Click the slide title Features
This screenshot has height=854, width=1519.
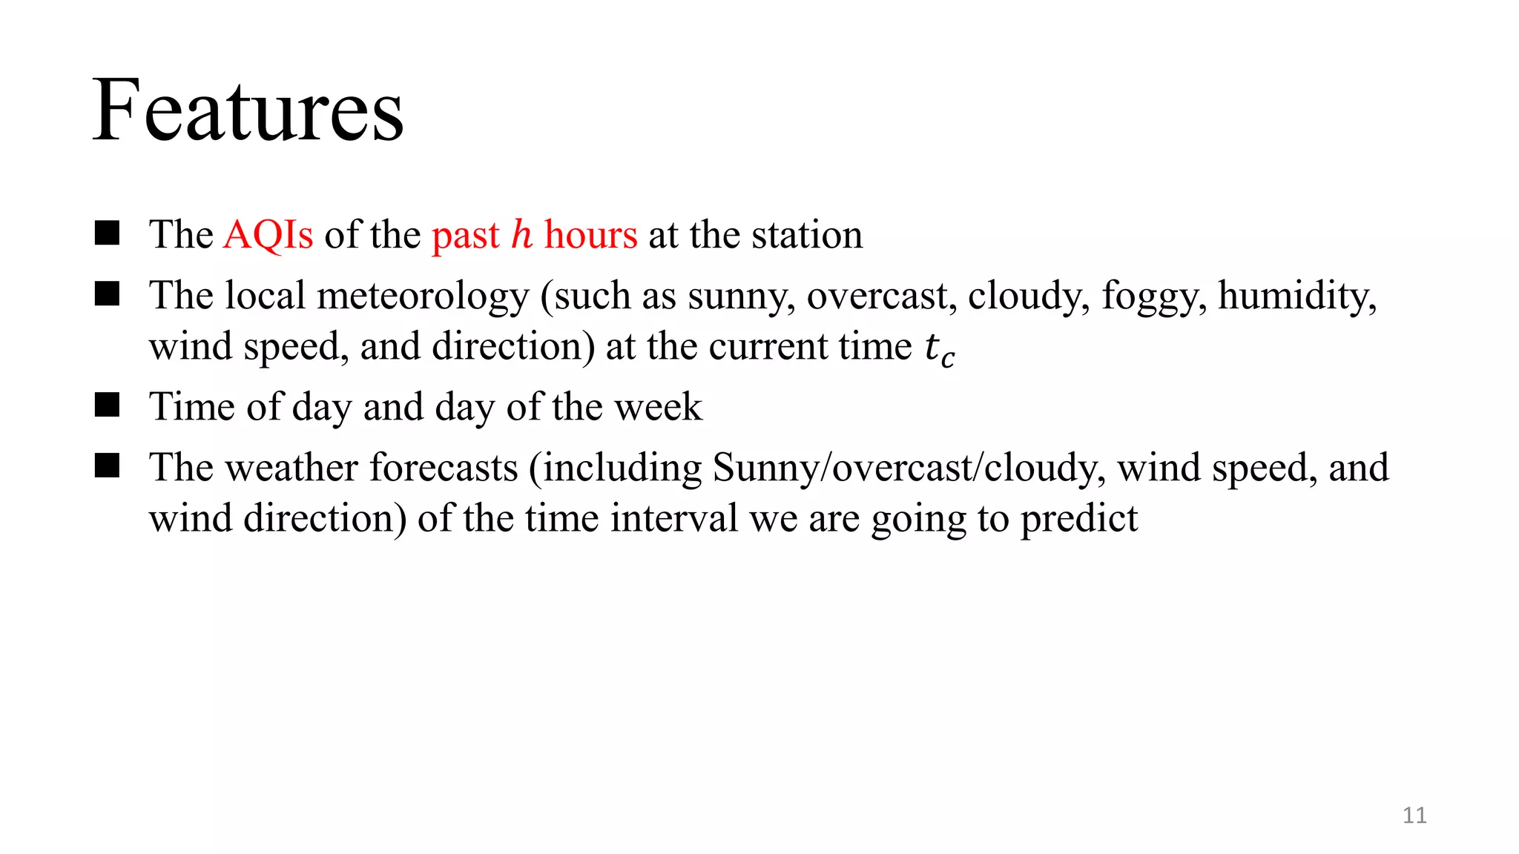pyautogui.click(x=248, y=111)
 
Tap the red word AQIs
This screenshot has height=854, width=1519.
pyautogui.click(x=268, y=235)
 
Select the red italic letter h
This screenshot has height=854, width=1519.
pyautogui.click(x=522, y=234)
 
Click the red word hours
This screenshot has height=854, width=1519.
pyautogui.click(x=590, y=235)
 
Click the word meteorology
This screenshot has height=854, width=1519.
pyautogui.click(x=423, y=296)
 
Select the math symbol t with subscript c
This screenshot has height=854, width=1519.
pyautogui.click(x=939, y=348)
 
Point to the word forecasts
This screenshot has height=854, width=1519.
pyautogui.click(x=444, y=468)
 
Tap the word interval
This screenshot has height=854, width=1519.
pyautogui.click(x=674, y=518)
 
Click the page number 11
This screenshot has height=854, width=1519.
pyautogui.click(x=1414, y=815)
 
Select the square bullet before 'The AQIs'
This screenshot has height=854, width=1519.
pyautogui.click(x=108, y=234)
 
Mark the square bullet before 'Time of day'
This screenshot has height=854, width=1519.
pyautogui.click(x=108, y=406)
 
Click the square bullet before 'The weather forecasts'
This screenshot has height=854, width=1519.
pyautogui.click(x=108, y=466)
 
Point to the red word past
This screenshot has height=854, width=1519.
pyautogui.click(x=466, y=236)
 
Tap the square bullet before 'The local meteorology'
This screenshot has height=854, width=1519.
pyautogui.click(x=108, y=294)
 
